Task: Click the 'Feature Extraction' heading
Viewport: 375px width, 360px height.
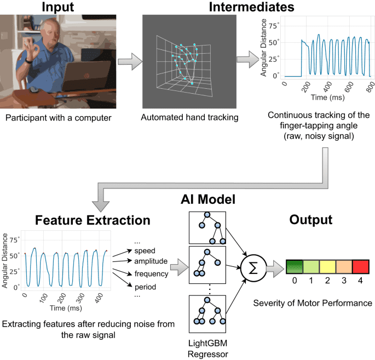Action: click(x=93, y=220)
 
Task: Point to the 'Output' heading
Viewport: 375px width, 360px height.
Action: click(x=311, y=220)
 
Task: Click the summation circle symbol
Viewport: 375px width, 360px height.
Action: click(x=253, y=268)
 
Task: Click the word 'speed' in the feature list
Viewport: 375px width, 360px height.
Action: click(x=146, y=251)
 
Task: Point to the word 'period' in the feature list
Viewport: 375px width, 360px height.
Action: click(x=146, y=287)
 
